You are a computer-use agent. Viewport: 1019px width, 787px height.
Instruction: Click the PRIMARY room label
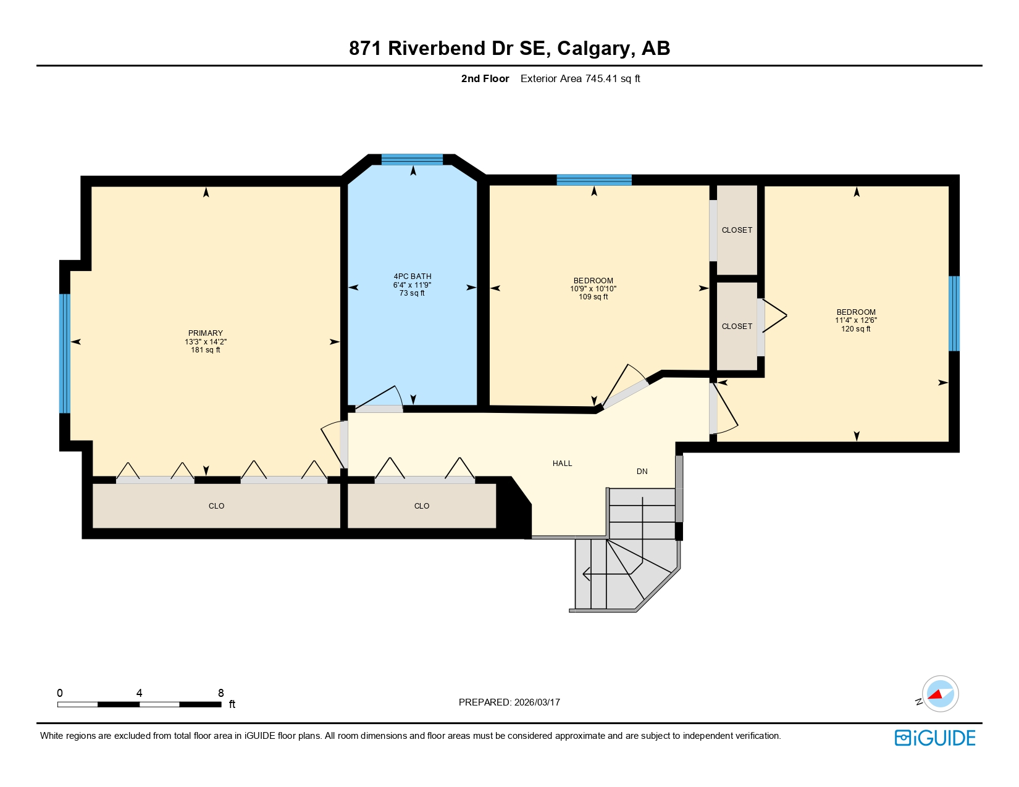point(206,333)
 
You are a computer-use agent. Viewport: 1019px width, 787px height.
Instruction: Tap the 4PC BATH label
point(413,277)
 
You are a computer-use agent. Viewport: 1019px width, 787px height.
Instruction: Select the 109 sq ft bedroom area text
point(593,297)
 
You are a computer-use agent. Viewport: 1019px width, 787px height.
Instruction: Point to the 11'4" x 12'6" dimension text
point(856,320)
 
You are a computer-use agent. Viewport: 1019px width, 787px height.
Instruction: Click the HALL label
point(562,464)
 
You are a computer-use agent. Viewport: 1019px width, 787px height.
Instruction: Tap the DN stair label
point(642,472)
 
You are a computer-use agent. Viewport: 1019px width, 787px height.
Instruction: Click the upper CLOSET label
point(737,230)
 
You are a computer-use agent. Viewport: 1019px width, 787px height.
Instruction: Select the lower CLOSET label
point(737,327)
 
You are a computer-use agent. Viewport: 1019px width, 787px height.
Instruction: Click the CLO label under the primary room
point(216,506)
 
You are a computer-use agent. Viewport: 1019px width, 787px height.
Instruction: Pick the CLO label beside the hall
point(422,506)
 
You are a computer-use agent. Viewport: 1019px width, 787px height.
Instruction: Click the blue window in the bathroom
point(412,160)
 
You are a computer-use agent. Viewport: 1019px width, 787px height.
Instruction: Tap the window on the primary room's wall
point(65,353)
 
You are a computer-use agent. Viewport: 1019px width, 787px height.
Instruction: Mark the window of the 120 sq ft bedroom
point(954,313)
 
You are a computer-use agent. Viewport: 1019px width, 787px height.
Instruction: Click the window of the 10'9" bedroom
point(593,180)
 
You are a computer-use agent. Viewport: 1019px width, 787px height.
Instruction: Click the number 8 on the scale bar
point(220,693)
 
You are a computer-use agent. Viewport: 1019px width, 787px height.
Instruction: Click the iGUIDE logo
point(934,738)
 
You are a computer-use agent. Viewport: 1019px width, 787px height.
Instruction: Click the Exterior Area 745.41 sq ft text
point(580,78)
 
